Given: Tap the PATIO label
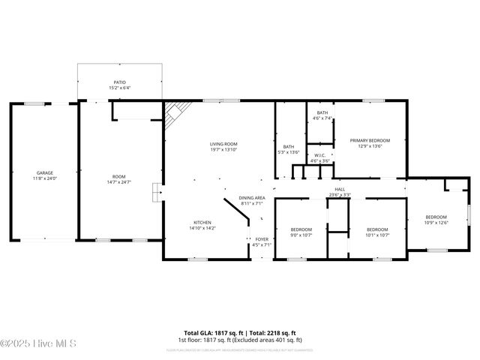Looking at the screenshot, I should click(119, 82).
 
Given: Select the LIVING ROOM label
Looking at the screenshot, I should click(223, 143).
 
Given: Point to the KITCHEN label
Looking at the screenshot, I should click(202, 223).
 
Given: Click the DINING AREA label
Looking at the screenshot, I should click(252, 198).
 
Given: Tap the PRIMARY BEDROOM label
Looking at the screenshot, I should click(370, 140).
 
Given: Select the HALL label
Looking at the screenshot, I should click(339, 189).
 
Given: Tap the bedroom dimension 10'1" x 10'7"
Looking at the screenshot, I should click(377, 235).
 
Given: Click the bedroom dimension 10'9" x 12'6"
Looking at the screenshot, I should click(436, 221).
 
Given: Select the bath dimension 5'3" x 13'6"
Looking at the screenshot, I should click(289, 152).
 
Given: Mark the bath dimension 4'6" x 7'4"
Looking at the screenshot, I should click(322, 118).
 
